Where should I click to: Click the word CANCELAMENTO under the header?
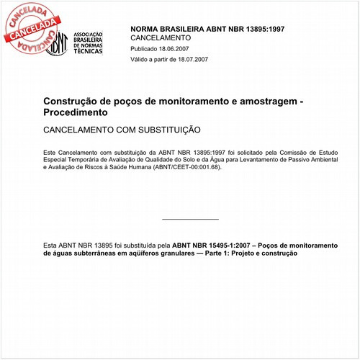point(161,37)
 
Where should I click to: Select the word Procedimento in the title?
point(76,113)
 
